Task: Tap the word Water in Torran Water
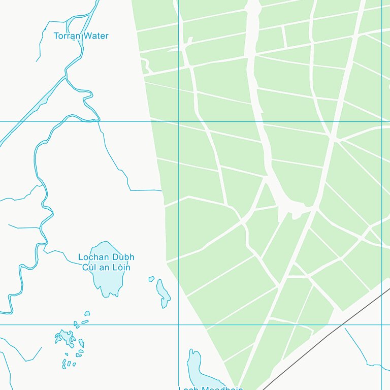pyautogui.click(x=96, y=36)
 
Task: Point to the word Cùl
pyautogui.click(x=89, y=268)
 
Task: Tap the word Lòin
pyautogui.click(x=121, y=268)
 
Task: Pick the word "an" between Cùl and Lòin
pyautogui.click(x=105, y=268)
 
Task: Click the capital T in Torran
pyautogui.click(x=56, y=36)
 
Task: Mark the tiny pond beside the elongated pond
pyautogui.click(x=151, y=279)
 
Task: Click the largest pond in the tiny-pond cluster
pyautogui.click(x=64, y=337)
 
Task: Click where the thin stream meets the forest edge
pyautogui.click(x=161, y=191)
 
